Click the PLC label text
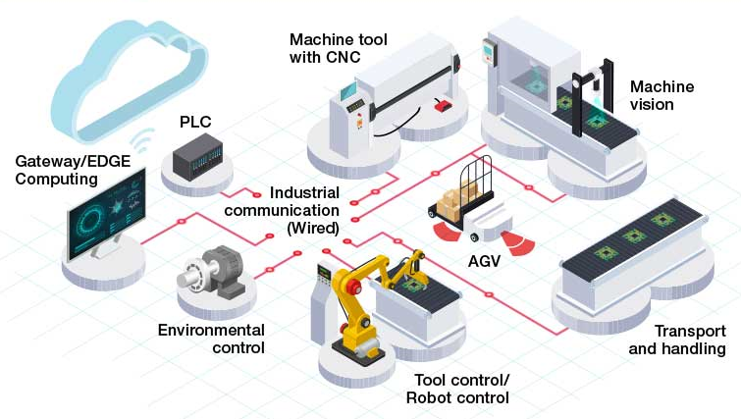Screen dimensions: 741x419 tap(195, 122)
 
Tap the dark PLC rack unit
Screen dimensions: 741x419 tap(197, 156)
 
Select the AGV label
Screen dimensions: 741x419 tap(484, 261)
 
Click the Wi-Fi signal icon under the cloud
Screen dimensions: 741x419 tap(143, 140)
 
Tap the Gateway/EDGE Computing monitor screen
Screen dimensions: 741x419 tap(106, 214)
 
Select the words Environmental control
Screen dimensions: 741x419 tap(211, 339)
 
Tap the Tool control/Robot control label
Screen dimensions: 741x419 tap(458, 389)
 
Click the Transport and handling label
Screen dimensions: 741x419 tap(677, 340)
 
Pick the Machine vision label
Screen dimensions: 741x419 tap(662, 95)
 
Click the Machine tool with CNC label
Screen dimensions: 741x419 tap(339, 48)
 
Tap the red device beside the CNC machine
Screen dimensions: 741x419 tap(444, 105)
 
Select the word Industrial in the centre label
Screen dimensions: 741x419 tap(305, 192)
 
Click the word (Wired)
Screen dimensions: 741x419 tap(313, 229)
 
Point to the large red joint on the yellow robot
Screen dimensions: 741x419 tap(352, 287)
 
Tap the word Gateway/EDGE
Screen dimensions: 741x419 tap(73, 161)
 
